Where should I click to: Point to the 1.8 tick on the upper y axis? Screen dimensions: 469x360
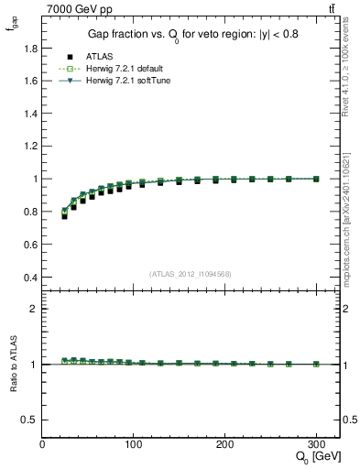30,49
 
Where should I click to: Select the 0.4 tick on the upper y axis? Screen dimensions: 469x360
30,278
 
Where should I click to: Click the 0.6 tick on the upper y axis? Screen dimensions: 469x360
30,245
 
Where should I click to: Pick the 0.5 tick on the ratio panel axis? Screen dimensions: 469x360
30,420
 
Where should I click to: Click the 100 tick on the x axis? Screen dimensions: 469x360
134,444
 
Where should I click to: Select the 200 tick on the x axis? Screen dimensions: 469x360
225,444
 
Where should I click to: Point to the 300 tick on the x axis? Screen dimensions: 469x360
316,444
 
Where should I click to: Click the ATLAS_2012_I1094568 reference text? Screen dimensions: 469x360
190,274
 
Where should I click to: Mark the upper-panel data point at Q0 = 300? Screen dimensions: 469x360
316,179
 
